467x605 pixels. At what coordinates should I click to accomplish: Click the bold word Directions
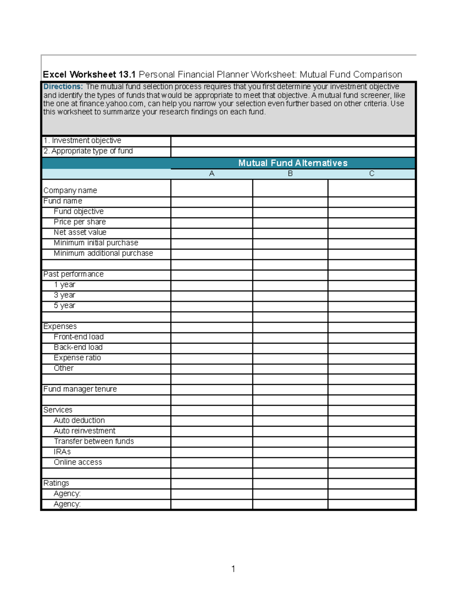coord(63,86)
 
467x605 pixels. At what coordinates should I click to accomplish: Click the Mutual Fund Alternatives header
coord(293,163)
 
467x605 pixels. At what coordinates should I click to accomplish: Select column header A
coord(212,174)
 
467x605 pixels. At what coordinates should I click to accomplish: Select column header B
coord(290,174)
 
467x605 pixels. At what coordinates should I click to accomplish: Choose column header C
coord(372,174)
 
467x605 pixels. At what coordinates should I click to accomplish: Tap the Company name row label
coord(70,190)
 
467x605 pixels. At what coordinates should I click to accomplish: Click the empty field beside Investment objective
coord(293,141)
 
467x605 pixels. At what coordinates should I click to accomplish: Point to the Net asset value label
coord(80,233)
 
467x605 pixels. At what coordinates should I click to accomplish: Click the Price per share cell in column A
coord(212,222)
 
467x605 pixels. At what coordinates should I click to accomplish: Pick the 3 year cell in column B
coord(290,296)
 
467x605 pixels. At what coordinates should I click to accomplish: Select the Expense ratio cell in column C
coord(372,358)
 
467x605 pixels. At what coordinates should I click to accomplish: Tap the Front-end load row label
coord(79,337)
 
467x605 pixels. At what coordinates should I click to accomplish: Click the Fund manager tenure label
coord(80,389)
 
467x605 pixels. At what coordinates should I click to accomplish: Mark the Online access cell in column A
coord(212,463)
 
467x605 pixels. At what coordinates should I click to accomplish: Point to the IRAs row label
coord(62,452)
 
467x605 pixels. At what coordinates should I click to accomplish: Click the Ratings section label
coord(56,483)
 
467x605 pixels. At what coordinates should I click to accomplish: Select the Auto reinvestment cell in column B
coord(290,431)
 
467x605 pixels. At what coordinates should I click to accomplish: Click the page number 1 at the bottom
coord(233,569)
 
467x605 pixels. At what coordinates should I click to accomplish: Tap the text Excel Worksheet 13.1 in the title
coord(89,74)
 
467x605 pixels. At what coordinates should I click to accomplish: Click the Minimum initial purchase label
coord(96,243)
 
